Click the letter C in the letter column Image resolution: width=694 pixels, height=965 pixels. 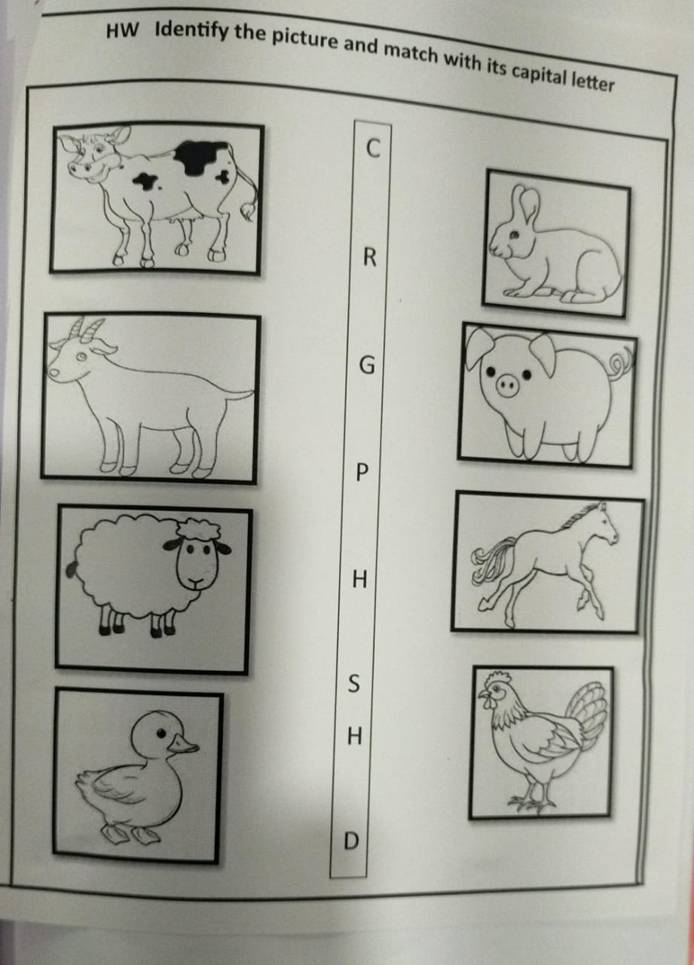pos(373,148)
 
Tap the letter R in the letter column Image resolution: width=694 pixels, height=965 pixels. pos(370,258)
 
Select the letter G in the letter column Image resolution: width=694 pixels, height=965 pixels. pos(367,366)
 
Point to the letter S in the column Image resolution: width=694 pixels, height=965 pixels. pos(353,683)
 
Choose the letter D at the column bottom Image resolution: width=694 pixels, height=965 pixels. pos(351,840)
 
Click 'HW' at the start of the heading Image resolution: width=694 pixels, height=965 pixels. pos(123,31)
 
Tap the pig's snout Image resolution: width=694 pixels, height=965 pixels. pos(507,384)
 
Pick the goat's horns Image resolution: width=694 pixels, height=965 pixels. pos(86,330)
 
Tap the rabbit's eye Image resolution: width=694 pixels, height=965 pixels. pos(515,234)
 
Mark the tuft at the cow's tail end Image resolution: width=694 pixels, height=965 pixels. pos(248,211)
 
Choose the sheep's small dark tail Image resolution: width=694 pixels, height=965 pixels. pos(72,569)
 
